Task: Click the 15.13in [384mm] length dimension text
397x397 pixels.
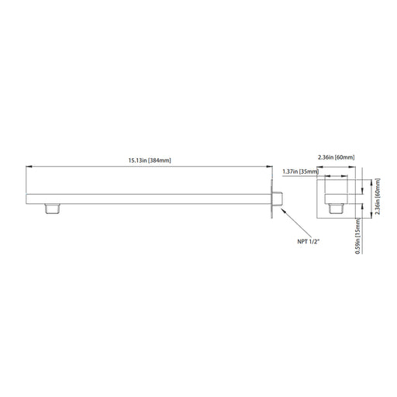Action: (x=150, y=161)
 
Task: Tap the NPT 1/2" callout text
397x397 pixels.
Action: (x=309, y=242)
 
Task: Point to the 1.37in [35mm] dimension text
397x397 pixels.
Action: (x=300, y=171)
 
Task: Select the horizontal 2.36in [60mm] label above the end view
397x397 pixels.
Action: (x=336, y=157)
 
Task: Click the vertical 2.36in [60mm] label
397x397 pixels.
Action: (x=378, y=196)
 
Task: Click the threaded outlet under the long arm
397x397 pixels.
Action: (x=53, y=209)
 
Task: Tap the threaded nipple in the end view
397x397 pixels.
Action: (x=336, y=209)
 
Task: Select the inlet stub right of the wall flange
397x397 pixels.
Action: (x=278, y=199)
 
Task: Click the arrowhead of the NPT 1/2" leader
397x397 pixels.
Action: (x=282, y=210)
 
